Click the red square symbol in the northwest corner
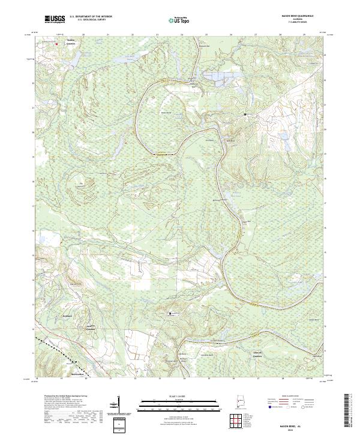point(56,44)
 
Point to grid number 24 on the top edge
point(182,35)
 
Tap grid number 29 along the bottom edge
point(305,379)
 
